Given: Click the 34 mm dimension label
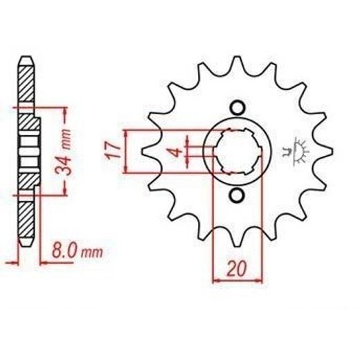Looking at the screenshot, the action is (63, 152).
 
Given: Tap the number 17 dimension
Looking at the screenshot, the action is (113, 150).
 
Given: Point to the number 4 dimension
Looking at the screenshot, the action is (177, 152).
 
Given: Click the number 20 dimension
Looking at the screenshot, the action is (237, 269).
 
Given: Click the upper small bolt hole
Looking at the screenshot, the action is (237, 108).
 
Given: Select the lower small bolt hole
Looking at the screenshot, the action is (237, 196).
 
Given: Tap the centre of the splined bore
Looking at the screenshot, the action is (237, 151).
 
